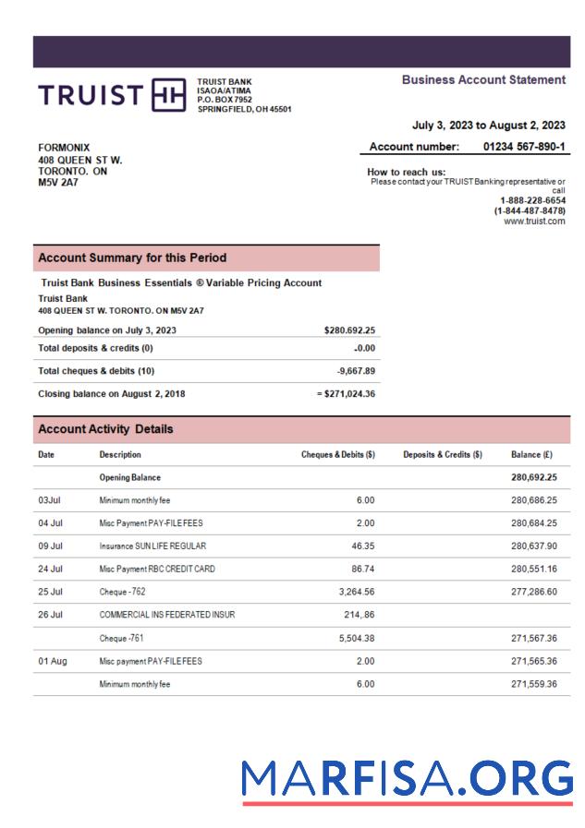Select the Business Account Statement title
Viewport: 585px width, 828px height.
coord(483,80)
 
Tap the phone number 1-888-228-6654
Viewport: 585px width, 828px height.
coord(532,200)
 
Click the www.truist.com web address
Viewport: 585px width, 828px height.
coord(534,222)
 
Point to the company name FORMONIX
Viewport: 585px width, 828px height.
coord(64,148)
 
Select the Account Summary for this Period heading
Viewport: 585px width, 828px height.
coord(132,258)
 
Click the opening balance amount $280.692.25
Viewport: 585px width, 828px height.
coord(349,330)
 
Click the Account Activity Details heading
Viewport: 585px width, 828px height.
coord(105,429)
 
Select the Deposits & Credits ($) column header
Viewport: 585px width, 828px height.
coord(443,455)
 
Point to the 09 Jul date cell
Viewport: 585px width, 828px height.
coord(50,546)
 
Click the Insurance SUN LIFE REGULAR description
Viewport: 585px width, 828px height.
coord(152,546)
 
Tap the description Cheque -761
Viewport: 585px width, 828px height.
coord(122,638)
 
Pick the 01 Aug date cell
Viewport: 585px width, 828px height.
coord(52,661)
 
